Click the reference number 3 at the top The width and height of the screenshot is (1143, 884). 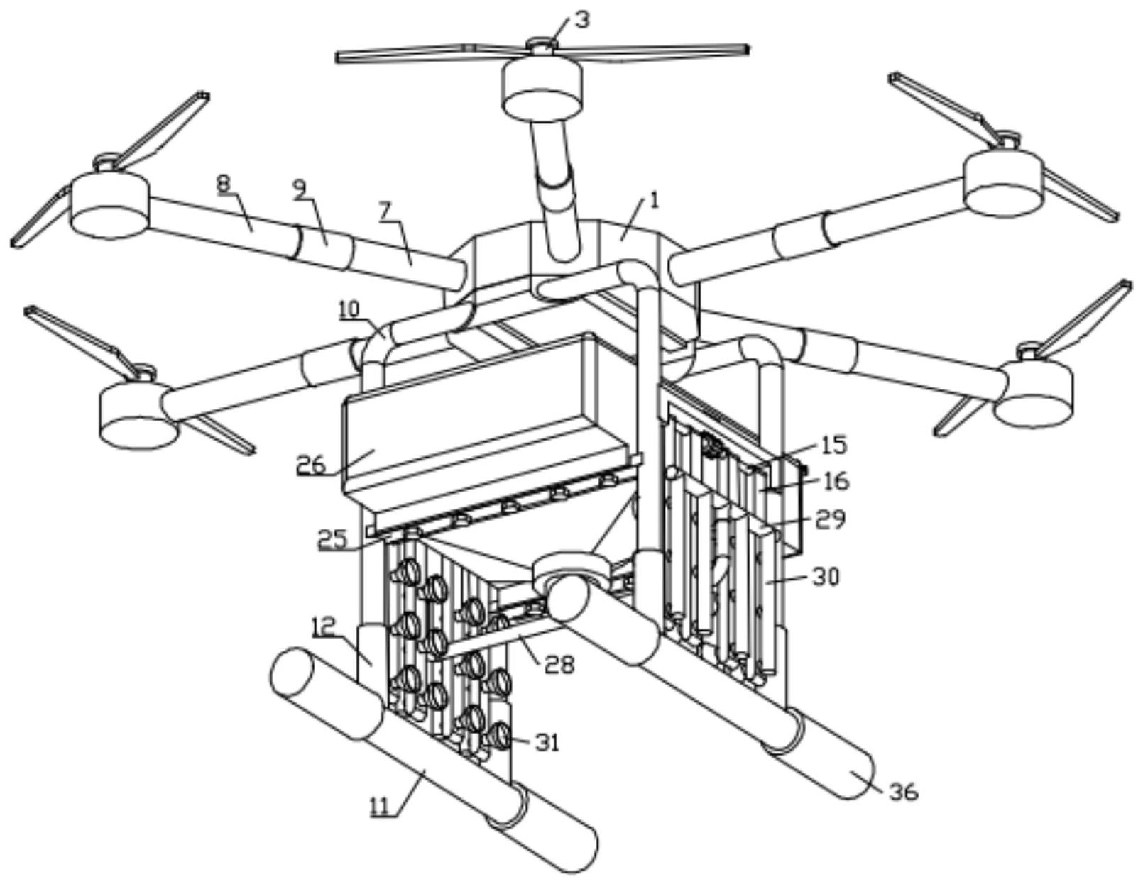tap(581, 19)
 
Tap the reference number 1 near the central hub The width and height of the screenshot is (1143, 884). tap(655, 201)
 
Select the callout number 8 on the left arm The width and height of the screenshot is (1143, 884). tap(224, 184)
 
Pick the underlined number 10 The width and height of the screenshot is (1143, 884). tap(349, 309)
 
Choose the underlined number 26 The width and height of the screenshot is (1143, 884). tap(310, 465)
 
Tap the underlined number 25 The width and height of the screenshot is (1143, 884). tap(332, 539)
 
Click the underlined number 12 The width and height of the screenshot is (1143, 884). tap(322, 626)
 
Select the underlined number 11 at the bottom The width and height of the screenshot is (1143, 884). tap(383, 807)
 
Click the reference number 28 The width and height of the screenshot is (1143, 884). tap(559, 665)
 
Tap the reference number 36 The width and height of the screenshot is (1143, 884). tap(904, 791)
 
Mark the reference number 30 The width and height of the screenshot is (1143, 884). tap(826, 577)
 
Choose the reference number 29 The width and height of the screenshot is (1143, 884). tap(830, 519)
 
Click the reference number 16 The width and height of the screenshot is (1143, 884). tap(836, 480)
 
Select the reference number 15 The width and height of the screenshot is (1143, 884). tap(834, 446)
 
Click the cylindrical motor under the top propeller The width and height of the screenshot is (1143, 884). tap(542, 87)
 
